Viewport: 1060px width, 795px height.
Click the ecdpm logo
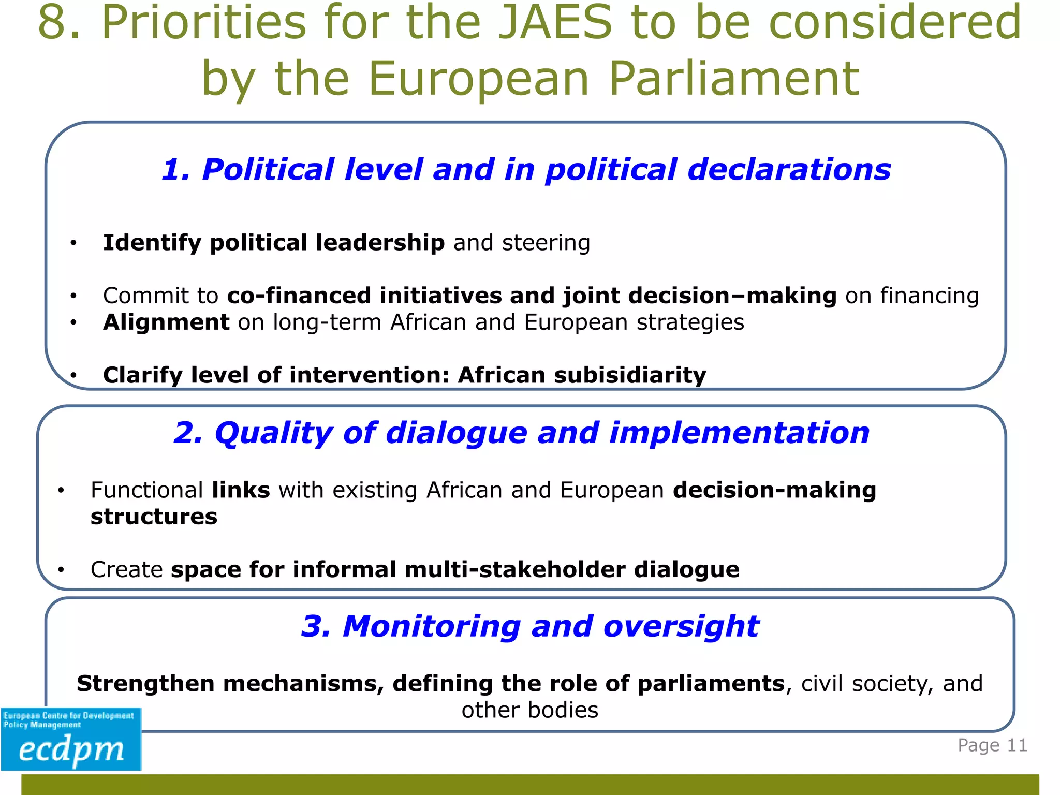point(71,739)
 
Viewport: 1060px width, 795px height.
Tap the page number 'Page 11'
point(992,745)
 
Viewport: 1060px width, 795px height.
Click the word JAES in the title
point(555,23)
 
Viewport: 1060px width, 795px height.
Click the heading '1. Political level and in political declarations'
point(526,170)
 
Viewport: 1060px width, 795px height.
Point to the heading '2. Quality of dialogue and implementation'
point(522,433)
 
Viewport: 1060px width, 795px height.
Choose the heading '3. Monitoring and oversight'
point(530,626)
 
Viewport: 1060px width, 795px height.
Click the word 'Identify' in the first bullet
point(152,243)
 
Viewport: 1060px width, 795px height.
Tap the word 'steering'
point(546,243)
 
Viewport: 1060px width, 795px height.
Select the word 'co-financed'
point(299,296)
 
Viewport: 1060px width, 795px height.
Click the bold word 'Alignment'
point(166,322)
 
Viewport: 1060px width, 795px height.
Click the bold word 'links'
point(241,490)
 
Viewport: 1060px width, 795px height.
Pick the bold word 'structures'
point(154,517)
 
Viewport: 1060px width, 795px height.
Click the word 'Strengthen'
point(145,684)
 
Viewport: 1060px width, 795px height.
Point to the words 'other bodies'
point(530,710)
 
